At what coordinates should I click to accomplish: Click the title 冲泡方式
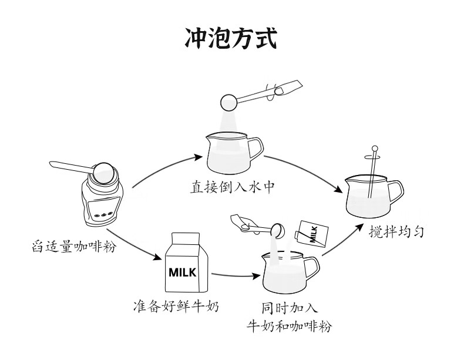(231, 39)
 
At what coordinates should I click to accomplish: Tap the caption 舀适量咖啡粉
(72, 247)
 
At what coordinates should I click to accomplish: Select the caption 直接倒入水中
(233, 187)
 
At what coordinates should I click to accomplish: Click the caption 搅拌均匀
(398, 231)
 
